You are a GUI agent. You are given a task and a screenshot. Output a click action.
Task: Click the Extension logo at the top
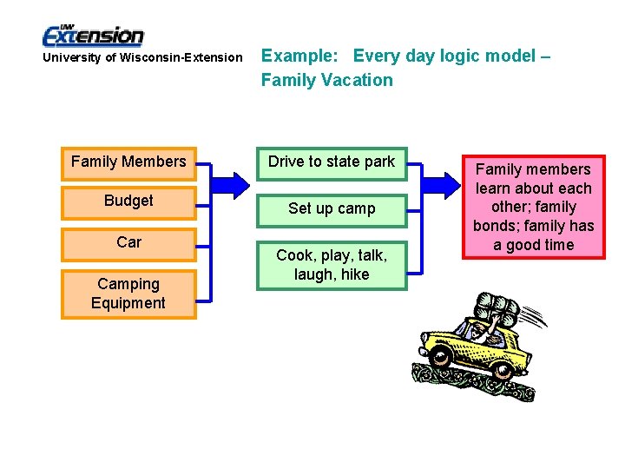point(93,35)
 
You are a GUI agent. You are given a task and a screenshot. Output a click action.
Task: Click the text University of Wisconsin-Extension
point(143,57)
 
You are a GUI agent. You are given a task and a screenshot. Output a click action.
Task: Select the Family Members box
point(128,162)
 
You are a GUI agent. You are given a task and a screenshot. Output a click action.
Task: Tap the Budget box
point(128,201)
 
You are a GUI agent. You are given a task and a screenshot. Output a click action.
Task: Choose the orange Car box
point(128,242)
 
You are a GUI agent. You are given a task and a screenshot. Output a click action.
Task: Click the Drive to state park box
point(332,162)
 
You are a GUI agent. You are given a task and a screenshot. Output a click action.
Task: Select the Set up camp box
point(332,208)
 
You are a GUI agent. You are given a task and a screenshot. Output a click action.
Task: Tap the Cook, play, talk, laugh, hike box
point(332,265)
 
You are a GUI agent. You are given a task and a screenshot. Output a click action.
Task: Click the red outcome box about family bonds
point(533,207)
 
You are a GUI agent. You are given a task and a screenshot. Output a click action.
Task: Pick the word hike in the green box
point(355,274)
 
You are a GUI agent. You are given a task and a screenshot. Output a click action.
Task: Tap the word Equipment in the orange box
point(128,303)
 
